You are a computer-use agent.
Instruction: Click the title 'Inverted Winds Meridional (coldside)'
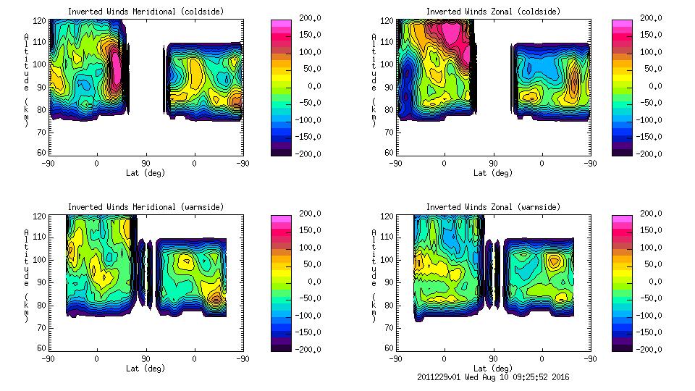click(146, 12)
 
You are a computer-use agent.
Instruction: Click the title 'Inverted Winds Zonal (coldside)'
click(493, 12)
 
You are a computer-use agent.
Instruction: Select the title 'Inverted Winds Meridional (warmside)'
click(146, 207)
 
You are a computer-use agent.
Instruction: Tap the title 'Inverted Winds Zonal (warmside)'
click(493, 207)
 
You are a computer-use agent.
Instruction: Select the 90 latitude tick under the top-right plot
click(493, 164)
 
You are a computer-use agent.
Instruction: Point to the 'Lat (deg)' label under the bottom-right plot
click(493, 369)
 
